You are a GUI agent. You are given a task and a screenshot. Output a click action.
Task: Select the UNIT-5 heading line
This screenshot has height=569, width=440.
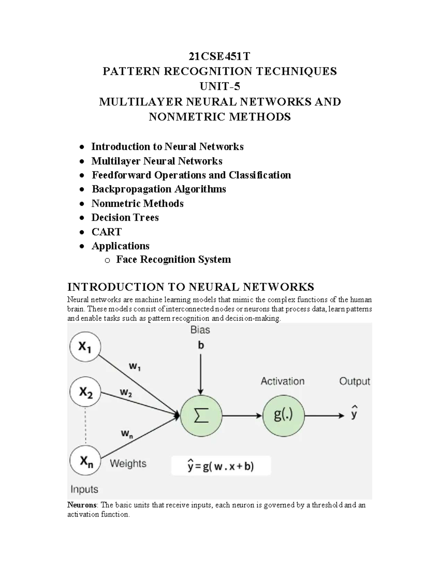click(219, 86)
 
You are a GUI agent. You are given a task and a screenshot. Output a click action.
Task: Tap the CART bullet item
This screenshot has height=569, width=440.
click(106, 232)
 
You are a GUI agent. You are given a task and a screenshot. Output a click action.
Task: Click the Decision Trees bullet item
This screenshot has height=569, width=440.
click(125, 218)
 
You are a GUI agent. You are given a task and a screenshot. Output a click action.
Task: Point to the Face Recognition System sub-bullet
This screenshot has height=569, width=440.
click(173, 260)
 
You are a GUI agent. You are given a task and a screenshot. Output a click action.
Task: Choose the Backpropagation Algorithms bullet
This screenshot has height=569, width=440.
click(159, 189)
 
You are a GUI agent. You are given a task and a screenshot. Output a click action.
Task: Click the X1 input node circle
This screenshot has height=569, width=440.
click(85, 347)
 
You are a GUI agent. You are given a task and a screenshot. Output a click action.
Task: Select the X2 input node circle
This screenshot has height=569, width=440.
click(85, 392)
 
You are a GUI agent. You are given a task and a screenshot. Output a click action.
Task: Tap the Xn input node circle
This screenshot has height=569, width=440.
click(85, 461)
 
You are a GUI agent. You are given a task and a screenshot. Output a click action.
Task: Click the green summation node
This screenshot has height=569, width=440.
click(201, 415)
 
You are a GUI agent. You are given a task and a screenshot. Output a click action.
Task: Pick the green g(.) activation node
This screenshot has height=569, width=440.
click(283, 415)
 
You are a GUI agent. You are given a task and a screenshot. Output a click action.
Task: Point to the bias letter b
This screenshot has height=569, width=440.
click(201, 346)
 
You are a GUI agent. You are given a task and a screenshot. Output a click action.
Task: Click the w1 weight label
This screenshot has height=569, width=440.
click(135, 366)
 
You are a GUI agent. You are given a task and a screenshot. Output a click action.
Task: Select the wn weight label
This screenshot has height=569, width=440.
click(127, 434)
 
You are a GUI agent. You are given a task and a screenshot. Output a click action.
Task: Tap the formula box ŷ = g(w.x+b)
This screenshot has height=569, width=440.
click(221, 466)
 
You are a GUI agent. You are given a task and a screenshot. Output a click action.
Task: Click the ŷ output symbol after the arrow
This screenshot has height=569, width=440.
click(354, 413)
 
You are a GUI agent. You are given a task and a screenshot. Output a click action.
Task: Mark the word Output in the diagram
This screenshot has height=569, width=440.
click(354, 381)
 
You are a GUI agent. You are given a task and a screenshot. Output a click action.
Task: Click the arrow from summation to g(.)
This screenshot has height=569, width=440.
click(242, 415)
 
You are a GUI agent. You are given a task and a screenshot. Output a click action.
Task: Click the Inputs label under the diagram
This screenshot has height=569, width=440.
click(84, 489)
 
